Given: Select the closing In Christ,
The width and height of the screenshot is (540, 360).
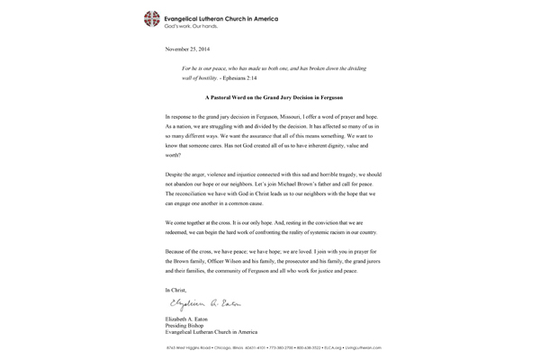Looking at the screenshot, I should coord(181,289).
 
